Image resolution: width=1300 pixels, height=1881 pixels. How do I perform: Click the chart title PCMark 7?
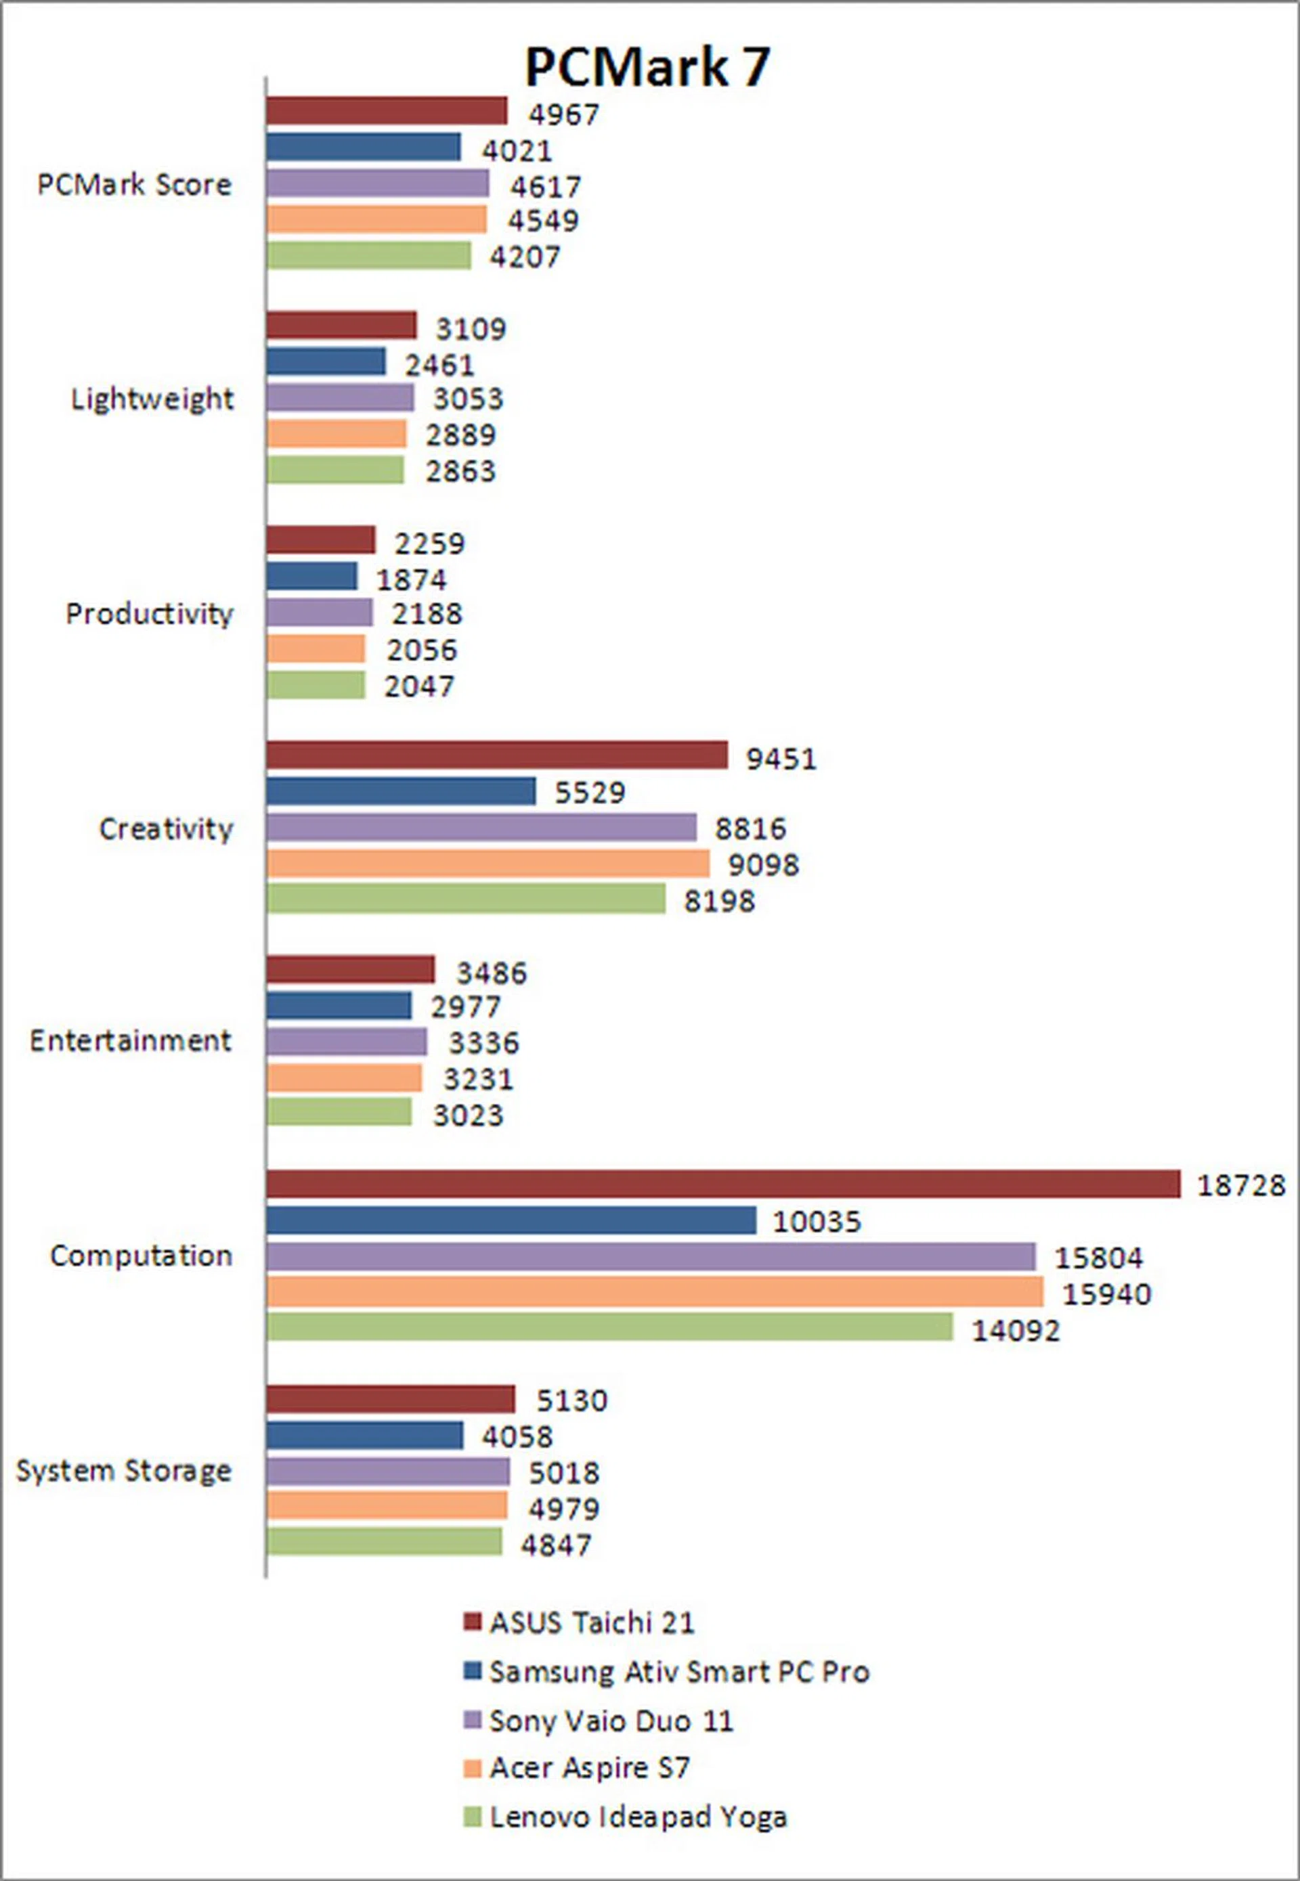(647, 67)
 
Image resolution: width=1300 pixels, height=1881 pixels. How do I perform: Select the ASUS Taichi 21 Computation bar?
(722, 1184)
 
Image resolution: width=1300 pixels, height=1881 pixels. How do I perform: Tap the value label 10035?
(816, 1222)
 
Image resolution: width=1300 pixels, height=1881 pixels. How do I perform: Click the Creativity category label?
(166, 829)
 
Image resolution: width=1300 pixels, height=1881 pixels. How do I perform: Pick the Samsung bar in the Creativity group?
(401, 791)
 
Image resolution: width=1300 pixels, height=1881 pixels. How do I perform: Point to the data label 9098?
(763, 865)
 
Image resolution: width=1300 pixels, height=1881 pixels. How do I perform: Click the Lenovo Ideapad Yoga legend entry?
(637, 1817)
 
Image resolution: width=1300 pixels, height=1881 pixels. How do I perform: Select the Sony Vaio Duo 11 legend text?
(611, 1721)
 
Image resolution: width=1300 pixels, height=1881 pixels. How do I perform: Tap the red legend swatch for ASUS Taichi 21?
(473, 1622)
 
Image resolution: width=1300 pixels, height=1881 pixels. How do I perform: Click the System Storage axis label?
(124, 1471)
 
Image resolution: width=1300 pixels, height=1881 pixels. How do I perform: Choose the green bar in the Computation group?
(609, 1327)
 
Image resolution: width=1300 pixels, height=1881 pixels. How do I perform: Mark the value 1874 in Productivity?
(412, 580)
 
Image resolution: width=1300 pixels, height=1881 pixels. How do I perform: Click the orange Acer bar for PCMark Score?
(376, 220)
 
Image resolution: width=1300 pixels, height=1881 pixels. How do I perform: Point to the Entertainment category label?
(130, 1040)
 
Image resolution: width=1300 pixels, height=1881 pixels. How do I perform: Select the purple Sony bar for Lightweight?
(340, 398)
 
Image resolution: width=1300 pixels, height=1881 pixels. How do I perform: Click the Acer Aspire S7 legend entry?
(589, 1768)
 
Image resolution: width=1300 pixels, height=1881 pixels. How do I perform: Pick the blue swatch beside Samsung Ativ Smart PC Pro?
(473, 1671)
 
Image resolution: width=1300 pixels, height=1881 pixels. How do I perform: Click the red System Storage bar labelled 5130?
(390, 1399)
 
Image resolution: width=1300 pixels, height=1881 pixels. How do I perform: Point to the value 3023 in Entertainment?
(468, 1115)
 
